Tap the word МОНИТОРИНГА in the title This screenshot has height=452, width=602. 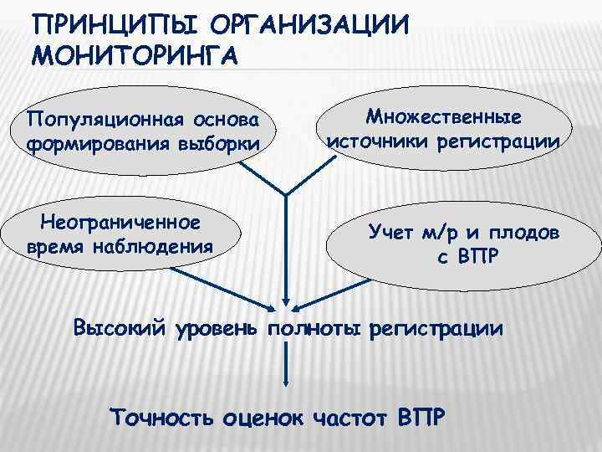pyautogui.click(x=134, y=56)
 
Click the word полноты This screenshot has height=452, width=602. pyautogui.click(x=311, y=326)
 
